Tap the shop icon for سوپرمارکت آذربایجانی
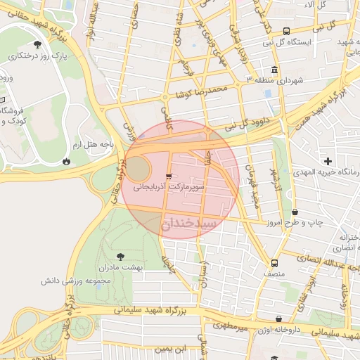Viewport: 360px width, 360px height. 168,176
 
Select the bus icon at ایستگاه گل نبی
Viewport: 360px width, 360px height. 286,31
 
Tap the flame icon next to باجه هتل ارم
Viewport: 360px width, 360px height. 66,160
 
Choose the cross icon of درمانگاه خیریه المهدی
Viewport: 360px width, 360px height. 328,161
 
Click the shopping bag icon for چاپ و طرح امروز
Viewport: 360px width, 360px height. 295,212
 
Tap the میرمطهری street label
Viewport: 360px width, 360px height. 233,327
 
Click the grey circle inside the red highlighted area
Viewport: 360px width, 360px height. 138,169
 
